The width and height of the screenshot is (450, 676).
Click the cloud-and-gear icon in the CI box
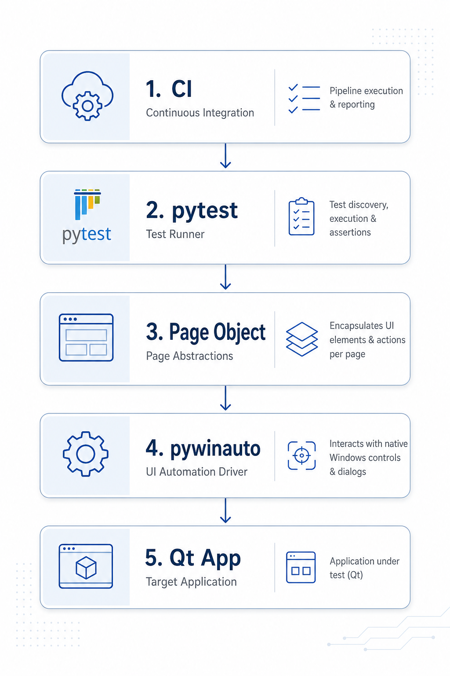(87, 96)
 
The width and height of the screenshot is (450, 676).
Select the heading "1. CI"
(169, 89)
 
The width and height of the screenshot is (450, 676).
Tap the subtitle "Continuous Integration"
(200, 113)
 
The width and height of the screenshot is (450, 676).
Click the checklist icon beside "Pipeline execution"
(304, 99)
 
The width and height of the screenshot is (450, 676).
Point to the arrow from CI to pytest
(225, 155)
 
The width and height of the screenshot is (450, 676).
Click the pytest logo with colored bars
(87, 216)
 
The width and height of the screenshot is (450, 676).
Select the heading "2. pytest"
(192, 211)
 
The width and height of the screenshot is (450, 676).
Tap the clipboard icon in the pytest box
(301, 216)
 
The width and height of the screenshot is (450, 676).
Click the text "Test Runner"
(175, 234)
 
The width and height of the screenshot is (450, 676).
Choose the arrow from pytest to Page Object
(225, 277)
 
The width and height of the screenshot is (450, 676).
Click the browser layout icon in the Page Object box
(86, 338)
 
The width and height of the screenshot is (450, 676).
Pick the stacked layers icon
(302, 339)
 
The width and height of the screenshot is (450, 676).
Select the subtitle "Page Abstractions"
(189, 356)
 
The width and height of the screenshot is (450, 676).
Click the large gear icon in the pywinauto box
(86, 454)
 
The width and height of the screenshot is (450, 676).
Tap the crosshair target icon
(302, 456)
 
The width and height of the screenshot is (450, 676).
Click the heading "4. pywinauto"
(203, 449)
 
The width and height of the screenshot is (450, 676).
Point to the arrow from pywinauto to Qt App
(225, 511)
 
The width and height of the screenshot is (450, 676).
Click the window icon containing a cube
(86, 566)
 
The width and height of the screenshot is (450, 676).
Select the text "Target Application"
(191, 582)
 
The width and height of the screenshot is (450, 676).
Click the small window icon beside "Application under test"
(301, 567)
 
